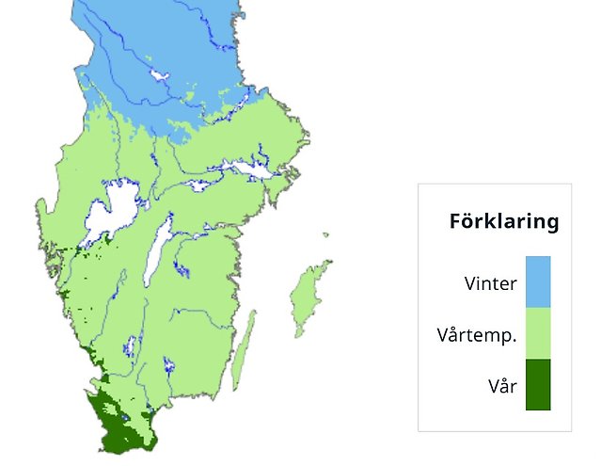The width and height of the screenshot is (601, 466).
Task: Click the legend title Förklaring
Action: [503, 222]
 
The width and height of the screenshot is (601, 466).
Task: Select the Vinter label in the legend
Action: [490, 282]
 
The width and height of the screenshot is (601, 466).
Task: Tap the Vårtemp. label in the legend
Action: [477, 334]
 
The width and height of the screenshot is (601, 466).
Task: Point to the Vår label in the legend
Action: [502, 385]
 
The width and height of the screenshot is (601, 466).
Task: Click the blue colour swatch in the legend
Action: [537, 281]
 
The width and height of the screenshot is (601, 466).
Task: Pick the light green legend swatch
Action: [537, 333]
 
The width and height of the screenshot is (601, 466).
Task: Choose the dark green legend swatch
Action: [537, 385]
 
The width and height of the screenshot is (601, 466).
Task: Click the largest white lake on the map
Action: [111, 209]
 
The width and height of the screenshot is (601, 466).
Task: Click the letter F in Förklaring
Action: [456, 222]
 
